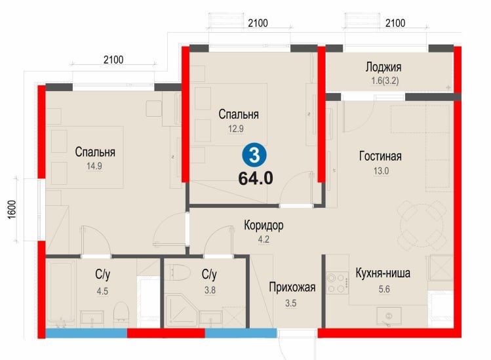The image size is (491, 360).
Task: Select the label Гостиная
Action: pos(380,156)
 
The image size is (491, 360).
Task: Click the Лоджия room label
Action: pos(383,67)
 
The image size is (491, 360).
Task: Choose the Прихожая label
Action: pos(292,287)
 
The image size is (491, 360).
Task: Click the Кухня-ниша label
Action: pos(383,273)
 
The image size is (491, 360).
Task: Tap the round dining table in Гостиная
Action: pos(421,224)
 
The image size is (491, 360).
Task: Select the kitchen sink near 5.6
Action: pos(390,317)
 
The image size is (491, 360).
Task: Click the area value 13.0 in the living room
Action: pos(380,171)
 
